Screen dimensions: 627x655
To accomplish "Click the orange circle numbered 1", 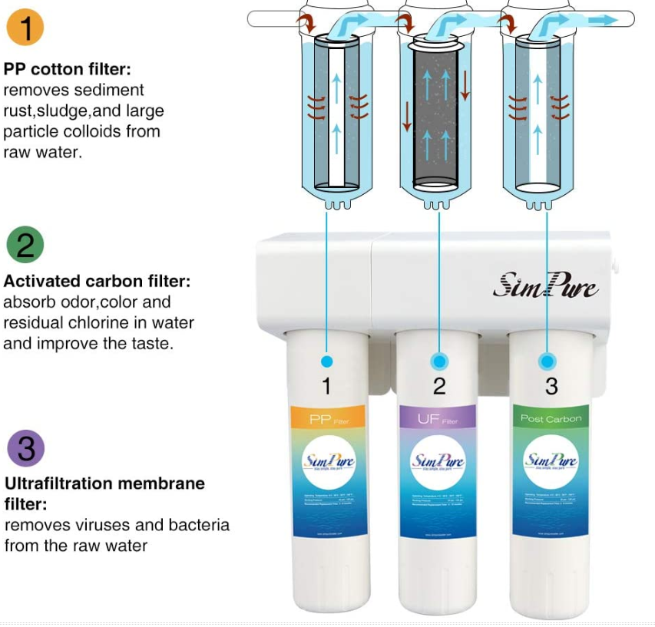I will pyautogui.click(x=25, y=28).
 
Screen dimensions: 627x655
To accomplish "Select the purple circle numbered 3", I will pyautogui.click(x=25, y=448).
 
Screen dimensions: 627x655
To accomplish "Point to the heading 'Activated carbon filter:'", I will pyautogui.click(x=97, y=282).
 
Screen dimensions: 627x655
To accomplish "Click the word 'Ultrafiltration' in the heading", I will pyautogui.click(x=58, y=484).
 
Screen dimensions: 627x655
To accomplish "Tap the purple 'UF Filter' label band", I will pyautogui.click(x=438, y=418).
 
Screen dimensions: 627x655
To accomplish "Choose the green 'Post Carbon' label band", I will pyautogui.click(x=551, y=418).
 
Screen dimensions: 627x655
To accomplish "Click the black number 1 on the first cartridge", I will pyautogui.click(x=326, y=387).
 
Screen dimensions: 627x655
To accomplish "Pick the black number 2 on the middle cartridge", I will pyautogui.click(x=438, y=387).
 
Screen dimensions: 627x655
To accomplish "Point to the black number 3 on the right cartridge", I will pyautogui.click(x=551, y=387).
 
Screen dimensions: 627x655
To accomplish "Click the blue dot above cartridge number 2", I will pyautogui.click(x=439, y=361).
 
